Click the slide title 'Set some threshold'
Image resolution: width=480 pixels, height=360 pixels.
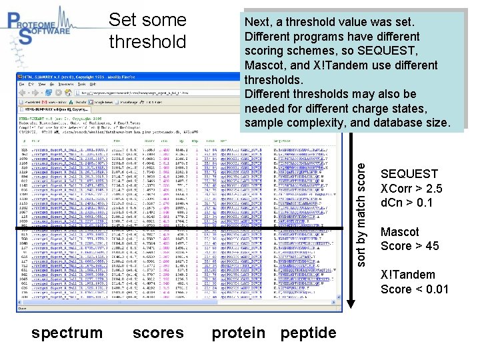point(147,31)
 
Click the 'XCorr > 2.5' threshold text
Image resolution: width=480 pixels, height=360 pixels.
point(411,189)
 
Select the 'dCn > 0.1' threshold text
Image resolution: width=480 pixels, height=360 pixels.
point(406,203)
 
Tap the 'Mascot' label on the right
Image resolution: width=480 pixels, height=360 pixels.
point(399,232)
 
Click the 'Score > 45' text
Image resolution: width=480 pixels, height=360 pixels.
point(409,246)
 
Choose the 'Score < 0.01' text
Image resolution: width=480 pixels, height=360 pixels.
point(414,289)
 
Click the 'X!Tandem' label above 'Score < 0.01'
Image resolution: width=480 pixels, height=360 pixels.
point(407,275)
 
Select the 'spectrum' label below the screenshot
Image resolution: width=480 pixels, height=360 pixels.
point(67,333)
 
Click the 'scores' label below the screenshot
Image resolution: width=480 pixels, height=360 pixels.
point(158,333)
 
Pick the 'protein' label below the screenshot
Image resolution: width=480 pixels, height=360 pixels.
point(239,333)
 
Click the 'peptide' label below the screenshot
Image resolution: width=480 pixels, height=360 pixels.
point(308,333)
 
